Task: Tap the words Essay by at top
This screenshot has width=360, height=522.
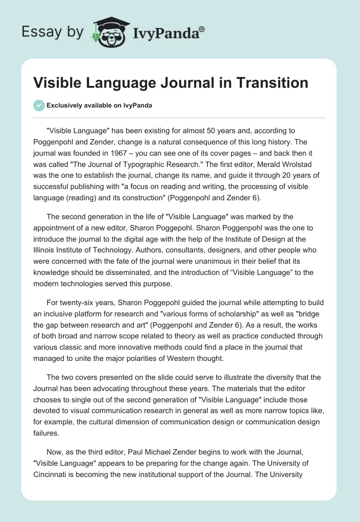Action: [53, 32]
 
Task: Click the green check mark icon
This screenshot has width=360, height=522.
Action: [39, 105]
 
